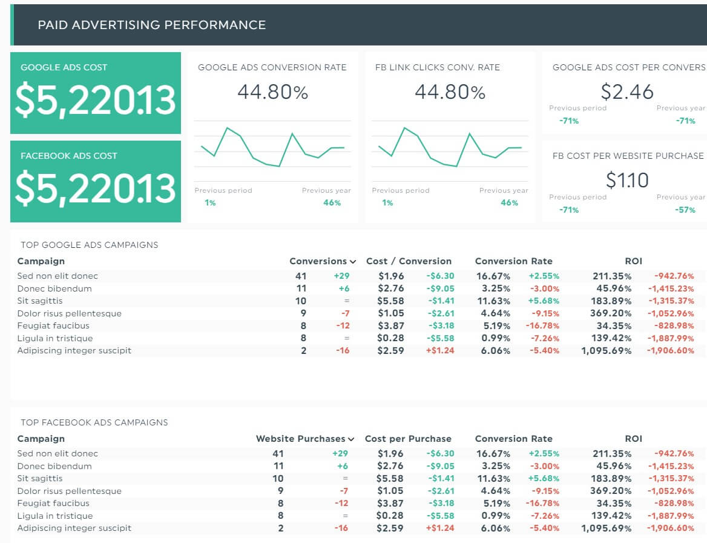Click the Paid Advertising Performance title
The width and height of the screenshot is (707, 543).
151,25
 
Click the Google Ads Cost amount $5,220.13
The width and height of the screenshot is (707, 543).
95,100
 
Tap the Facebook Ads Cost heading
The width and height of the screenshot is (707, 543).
69,156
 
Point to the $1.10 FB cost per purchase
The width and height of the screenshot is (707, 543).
627,180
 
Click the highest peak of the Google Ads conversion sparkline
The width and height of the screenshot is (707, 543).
228,128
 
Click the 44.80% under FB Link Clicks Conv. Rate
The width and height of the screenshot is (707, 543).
450,92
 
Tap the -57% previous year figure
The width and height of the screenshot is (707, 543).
685,210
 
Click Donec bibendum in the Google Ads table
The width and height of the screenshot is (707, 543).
54,288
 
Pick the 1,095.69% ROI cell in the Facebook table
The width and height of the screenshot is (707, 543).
606,528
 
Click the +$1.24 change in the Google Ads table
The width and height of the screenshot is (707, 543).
440,350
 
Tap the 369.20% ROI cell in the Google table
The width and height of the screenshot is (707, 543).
611,313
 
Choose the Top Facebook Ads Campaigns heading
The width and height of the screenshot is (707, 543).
94,422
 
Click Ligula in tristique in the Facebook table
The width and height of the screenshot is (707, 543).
55,516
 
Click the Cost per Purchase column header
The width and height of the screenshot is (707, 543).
408,439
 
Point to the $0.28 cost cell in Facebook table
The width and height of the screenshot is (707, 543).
390,516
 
